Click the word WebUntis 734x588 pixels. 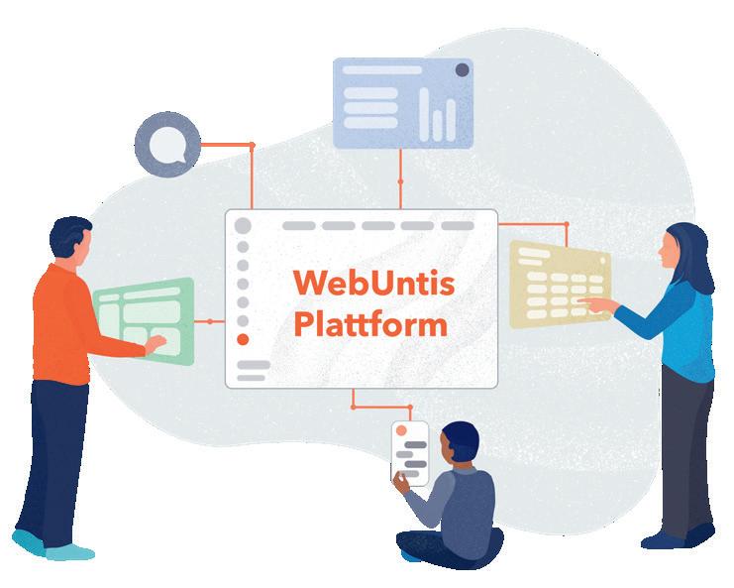pos(373,284)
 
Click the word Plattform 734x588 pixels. pos(369,324)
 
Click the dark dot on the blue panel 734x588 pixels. pos(462,69)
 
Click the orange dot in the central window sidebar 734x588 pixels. pos(243,339)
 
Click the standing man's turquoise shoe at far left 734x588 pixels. pos(28,541)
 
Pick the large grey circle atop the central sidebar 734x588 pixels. pos(243,225)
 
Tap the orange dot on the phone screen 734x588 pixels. pos(401,432)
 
